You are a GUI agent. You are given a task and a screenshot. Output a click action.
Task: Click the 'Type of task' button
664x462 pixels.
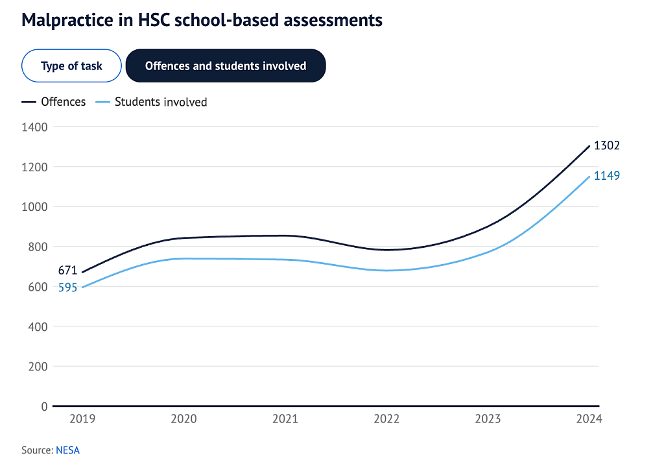coord(71,66)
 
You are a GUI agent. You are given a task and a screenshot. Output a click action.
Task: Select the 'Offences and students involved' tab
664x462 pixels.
coord(226,66)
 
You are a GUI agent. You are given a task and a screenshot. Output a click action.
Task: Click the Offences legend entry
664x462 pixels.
coord(54,102)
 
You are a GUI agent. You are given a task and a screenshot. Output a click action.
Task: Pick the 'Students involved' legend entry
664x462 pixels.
coord(151,102)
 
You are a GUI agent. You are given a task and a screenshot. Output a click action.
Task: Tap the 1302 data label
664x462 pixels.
coord(607,145)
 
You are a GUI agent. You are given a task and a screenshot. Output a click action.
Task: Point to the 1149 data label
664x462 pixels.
coord(607,175)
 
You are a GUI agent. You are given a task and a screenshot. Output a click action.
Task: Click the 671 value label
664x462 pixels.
coord(67,270)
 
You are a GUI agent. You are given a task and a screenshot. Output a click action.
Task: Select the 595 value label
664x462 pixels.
coord(67,287)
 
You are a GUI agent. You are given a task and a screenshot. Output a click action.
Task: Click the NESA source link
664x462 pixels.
coord(67,450)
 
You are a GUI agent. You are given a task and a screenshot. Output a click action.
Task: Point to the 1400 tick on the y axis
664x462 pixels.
coord(35,127)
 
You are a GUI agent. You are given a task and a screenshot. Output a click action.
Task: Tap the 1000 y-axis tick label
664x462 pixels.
coord(35,207)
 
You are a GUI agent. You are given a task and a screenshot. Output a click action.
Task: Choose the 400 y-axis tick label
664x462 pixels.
coord(38,327)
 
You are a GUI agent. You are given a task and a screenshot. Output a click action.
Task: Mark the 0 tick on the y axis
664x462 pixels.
coord(45,406)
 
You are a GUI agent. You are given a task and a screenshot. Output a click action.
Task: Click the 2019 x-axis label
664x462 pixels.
coord(82,419)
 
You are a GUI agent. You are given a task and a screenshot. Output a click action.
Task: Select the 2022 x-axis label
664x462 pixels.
coord(386,419)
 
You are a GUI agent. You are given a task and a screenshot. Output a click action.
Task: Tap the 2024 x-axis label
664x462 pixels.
coord(589,419)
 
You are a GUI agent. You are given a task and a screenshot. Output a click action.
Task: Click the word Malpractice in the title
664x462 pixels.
coord(67,20)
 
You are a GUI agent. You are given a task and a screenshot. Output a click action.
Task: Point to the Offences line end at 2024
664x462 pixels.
coord(589,146)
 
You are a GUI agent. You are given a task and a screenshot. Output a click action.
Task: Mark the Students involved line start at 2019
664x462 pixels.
coord(82,287)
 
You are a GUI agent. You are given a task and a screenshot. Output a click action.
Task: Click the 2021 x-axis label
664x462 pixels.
coord(285,419)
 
